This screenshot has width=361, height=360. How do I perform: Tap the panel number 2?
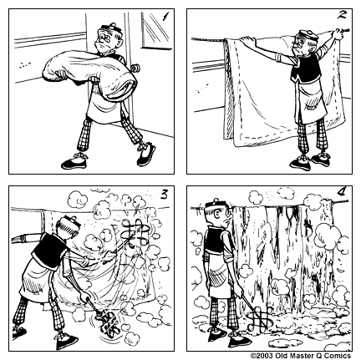pyautogui.click(x=343, y=15)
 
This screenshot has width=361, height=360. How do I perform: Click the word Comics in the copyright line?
pyautogui.click(x=338, y=355)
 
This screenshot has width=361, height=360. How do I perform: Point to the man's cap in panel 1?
pyautogui.click(x=107, y=33)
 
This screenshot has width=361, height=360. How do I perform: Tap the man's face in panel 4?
pyautogui.click(x=220, y=221)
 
